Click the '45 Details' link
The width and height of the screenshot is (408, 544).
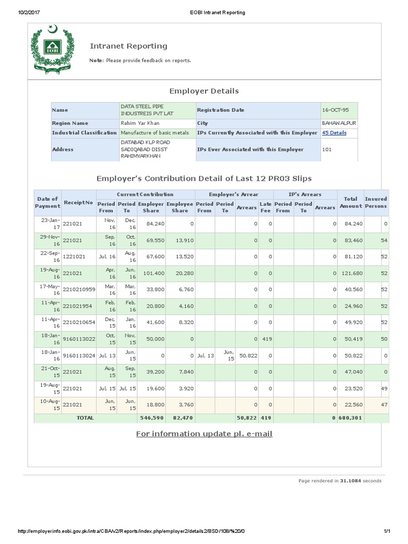(x=334, y=133)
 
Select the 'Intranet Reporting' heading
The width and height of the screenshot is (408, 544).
(x=128, y=46)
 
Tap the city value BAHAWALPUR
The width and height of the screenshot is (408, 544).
(x=339, y=123)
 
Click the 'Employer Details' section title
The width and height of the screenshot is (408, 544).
(x=203, y=91)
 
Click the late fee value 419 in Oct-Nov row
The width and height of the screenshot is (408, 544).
(x=266, y=338)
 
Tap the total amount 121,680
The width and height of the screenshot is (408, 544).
(x=351, y=273)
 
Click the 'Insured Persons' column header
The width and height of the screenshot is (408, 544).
(x=376, y=202)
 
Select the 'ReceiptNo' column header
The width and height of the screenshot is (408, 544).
(x=78, y=202)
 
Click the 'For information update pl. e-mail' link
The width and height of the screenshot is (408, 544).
(x=204, y=434)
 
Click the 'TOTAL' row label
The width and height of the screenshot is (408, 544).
(x=85, y=418)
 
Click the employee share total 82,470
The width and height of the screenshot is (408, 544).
(x=180, y=418)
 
